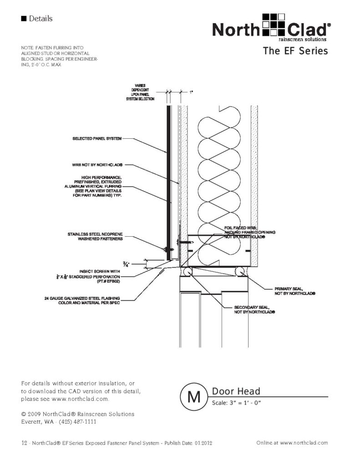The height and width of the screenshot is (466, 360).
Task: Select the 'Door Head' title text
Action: pyautogui.click(x=236, y=391)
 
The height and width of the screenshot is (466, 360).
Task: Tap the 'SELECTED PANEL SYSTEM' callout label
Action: pyautogui.click(x=97, y=139)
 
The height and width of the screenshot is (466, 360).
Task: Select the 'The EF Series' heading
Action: pyautogui.click(x=295, y=51)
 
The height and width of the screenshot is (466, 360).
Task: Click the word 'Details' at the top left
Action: pyautogui.click(x=41, y=19)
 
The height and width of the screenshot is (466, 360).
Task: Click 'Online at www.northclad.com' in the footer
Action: pyautogui.click(x=292, y=442)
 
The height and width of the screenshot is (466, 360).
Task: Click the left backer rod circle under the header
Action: pyautogui.click(x=187, y=272)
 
